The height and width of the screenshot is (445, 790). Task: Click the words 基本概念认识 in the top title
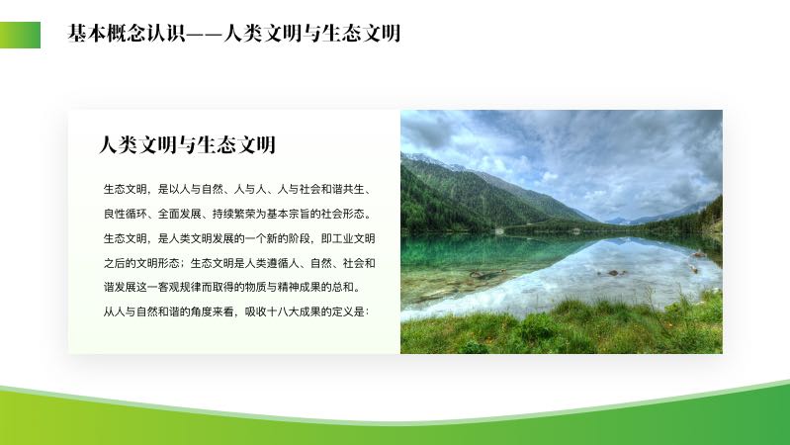tap(127, 34)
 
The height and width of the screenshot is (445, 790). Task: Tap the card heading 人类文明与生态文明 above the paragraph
tap(187, 145)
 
